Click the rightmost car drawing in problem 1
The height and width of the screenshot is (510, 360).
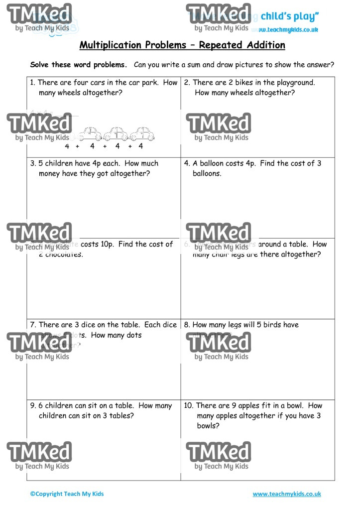(142, 134)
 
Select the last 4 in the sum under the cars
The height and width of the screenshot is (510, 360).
(141, 146)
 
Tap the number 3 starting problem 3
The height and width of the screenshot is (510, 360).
(32, 163)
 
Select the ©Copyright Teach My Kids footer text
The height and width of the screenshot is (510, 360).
(67, 494)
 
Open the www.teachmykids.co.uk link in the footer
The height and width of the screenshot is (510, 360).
(287, 494)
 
